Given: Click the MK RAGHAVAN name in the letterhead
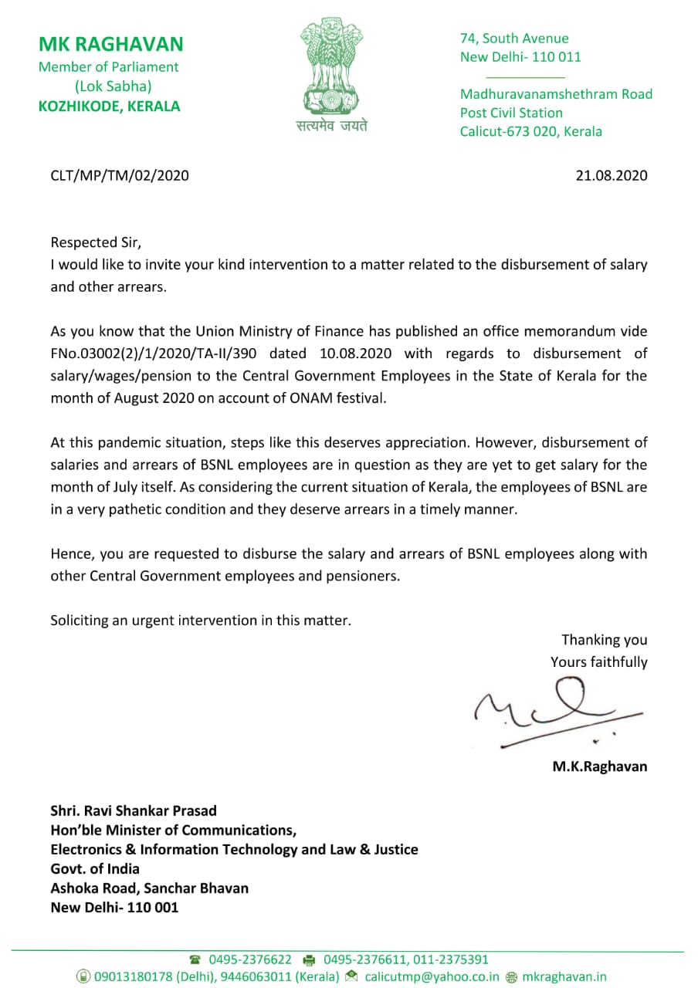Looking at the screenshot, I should click(111, 44).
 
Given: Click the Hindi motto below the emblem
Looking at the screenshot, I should click(332, 126).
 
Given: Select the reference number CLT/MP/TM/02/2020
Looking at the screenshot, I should click(120, 175).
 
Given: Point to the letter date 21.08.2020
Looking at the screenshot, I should click(612, 175).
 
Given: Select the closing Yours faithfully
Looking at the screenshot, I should click(598, 662).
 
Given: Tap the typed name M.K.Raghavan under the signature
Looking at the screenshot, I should click(600, 766).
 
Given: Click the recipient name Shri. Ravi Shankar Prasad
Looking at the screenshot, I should click(134, 810).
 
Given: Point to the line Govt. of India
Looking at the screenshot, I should click(95, 868).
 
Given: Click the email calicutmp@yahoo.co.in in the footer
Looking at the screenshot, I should click(432, 976).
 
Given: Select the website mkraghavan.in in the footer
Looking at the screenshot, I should click(564, 976).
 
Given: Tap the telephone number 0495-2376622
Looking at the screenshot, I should click(249, 959).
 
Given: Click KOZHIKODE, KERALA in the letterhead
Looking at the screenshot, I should click(110, 107).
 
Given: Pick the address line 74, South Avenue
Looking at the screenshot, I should click(514, 38).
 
